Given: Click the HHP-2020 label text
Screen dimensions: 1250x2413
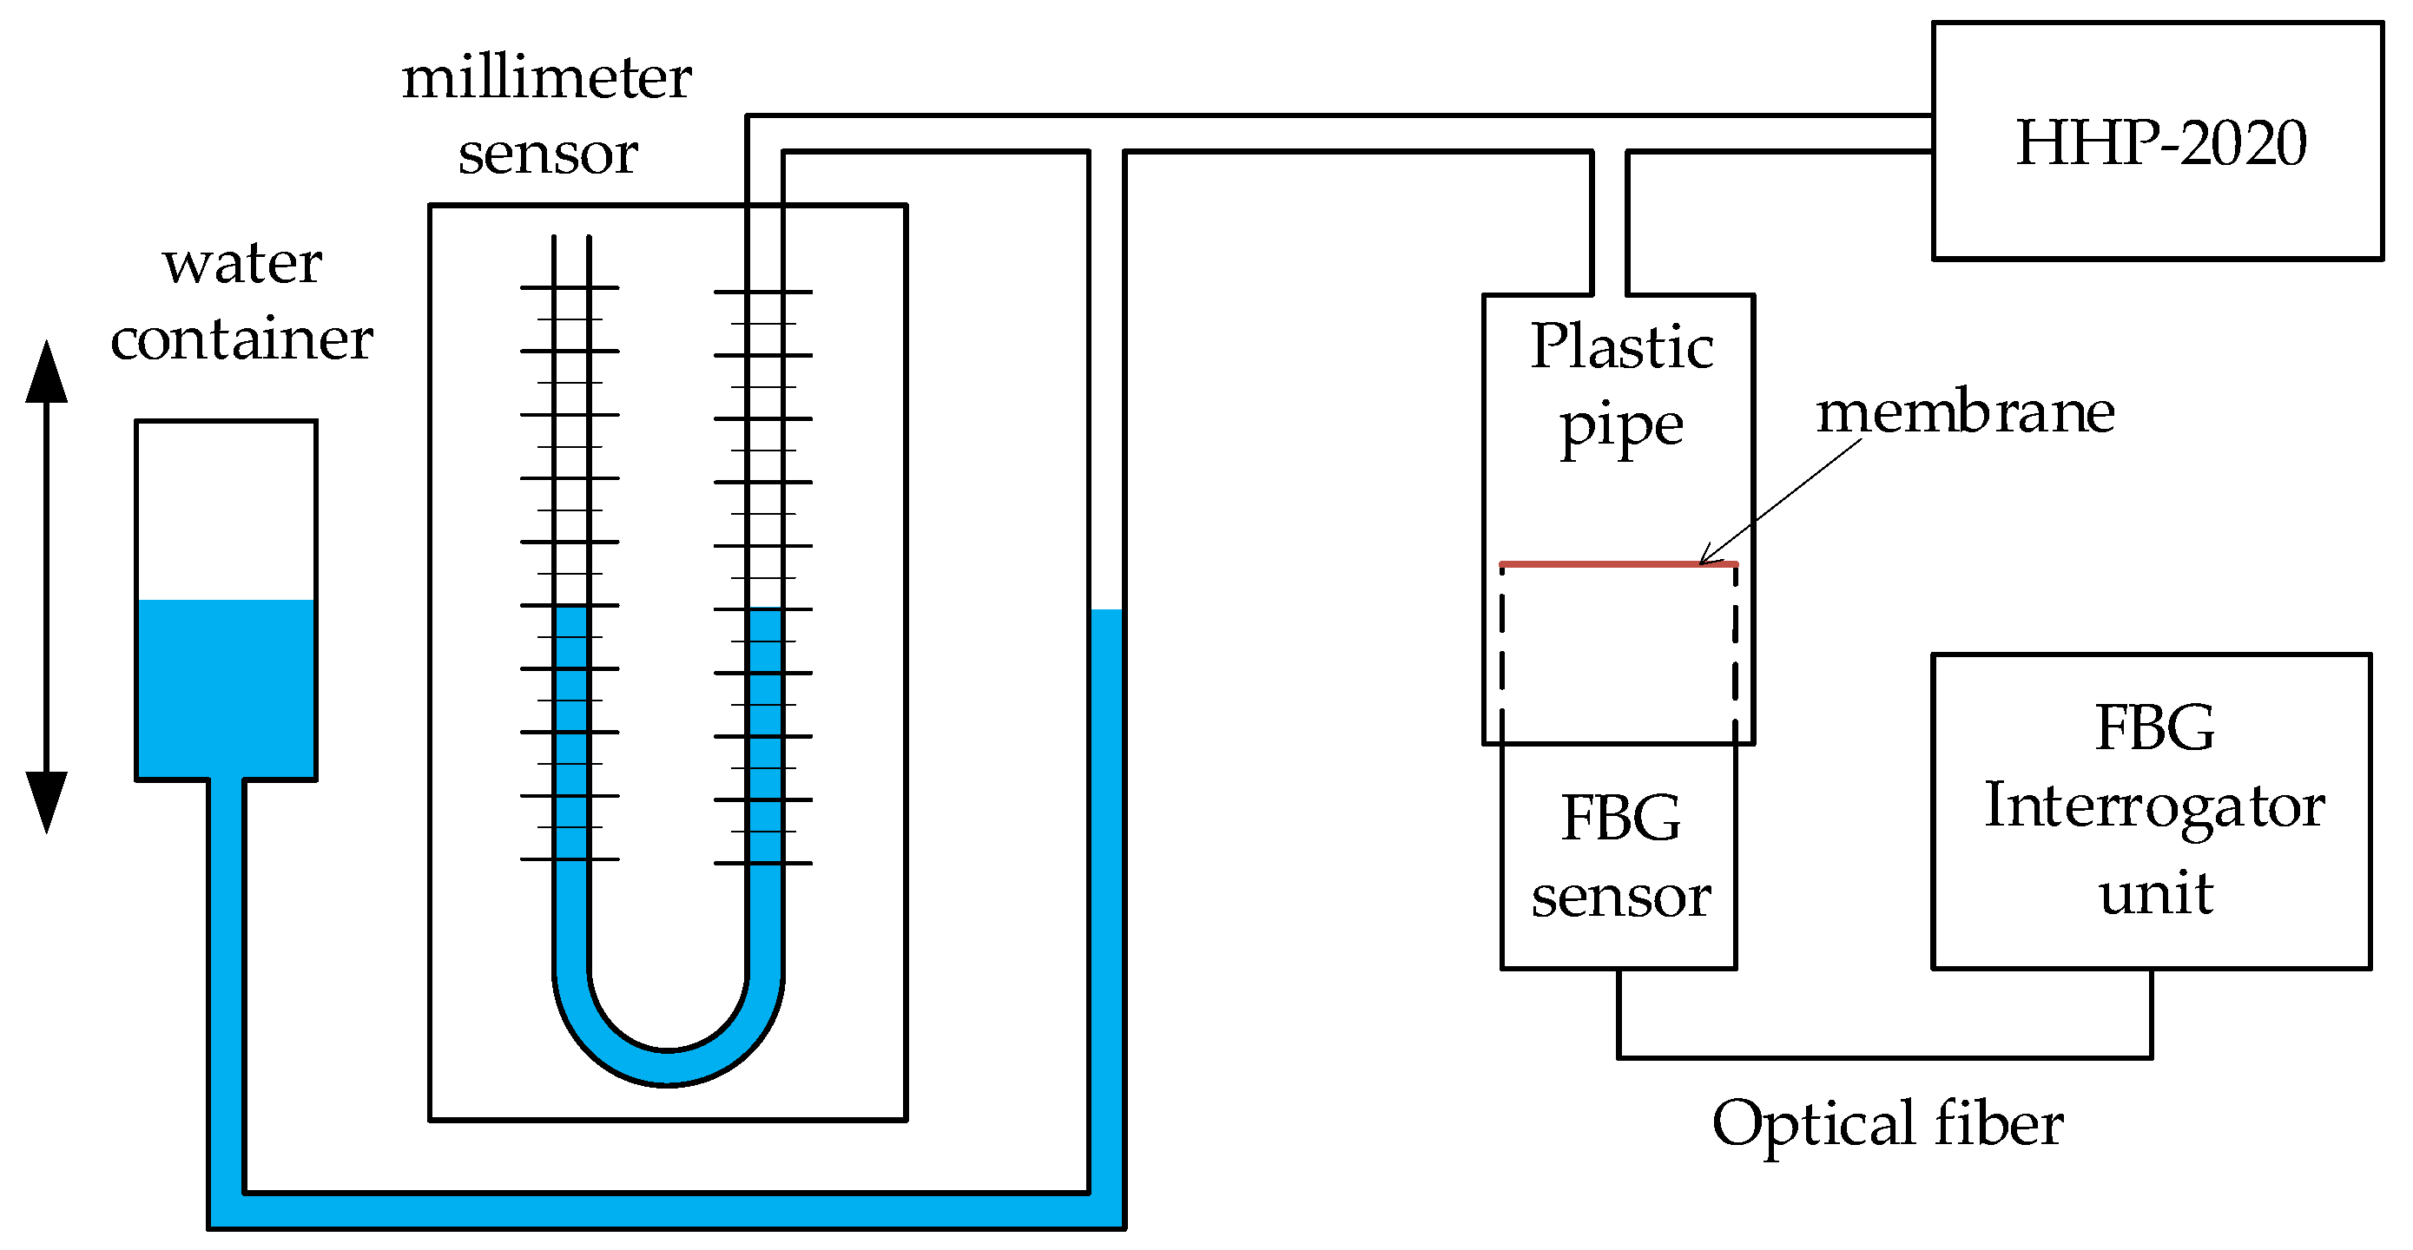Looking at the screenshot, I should pos(2159,142).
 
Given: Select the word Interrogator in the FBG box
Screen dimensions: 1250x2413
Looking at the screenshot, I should pos(2153,806).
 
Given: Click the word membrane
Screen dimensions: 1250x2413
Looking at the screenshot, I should pos(1964,412).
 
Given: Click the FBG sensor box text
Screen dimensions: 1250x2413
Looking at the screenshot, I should pos(1619,857).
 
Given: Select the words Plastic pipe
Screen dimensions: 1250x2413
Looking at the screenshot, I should pos(1620,384).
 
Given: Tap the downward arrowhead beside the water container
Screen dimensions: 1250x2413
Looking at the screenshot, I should pos(46,801).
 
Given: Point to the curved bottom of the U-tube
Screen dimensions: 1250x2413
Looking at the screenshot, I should pos(667,1068).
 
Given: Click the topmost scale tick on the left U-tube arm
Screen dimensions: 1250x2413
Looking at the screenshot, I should pos(570,287).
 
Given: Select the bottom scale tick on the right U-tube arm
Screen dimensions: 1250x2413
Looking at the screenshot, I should pos(762,862).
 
